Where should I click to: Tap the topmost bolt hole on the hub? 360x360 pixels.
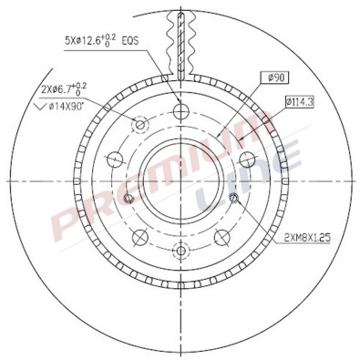click(180, 111)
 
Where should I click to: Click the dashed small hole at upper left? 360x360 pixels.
click(139, 124)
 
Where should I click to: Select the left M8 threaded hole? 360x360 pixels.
click(128, 199)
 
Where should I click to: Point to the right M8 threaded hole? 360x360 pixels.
click(233, 199)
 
